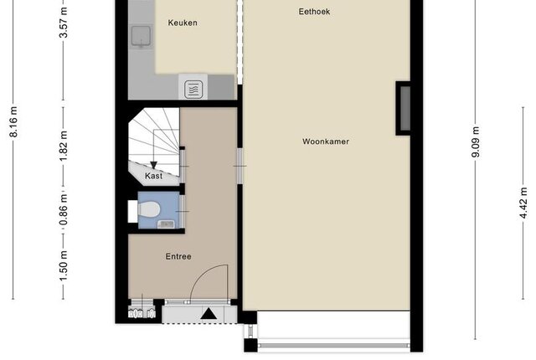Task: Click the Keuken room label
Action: [183, 23]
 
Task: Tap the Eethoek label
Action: [314, 12]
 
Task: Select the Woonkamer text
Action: [326, 141]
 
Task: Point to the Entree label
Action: [178, 256]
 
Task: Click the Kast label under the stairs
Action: [153, 176]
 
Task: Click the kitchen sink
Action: [142, 36]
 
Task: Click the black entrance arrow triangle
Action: [209, 314]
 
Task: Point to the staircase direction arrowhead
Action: [153, 165]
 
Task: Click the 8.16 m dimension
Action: [13, 122]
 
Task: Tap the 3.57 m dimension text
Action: [64, 23]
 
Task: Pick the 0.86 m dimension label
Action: [64, 209]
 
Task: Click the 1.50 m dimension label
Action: [64, 265]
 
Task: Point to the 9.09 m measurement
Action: [476, 141]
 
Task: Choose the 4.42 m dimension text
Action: [523, 203]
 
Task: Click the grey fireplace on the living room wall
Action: [405, 108]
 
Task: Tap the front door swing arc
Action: [202, 275]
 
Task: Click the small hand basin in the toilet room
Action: [167, 224]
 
